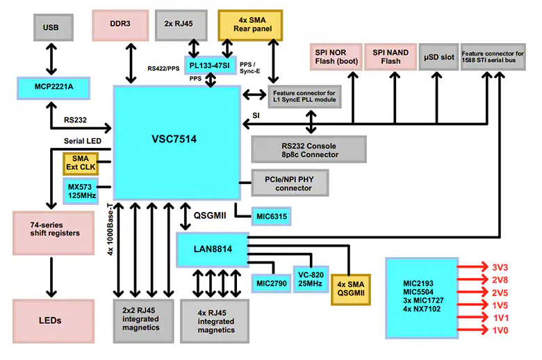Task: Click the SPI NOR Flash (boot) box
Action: (334, 57)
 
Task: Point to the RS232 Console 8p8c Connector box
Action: (308, 149)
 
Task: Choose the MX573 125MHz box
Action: (83, 191)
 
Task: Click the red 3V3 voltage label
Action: (500, 267)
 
